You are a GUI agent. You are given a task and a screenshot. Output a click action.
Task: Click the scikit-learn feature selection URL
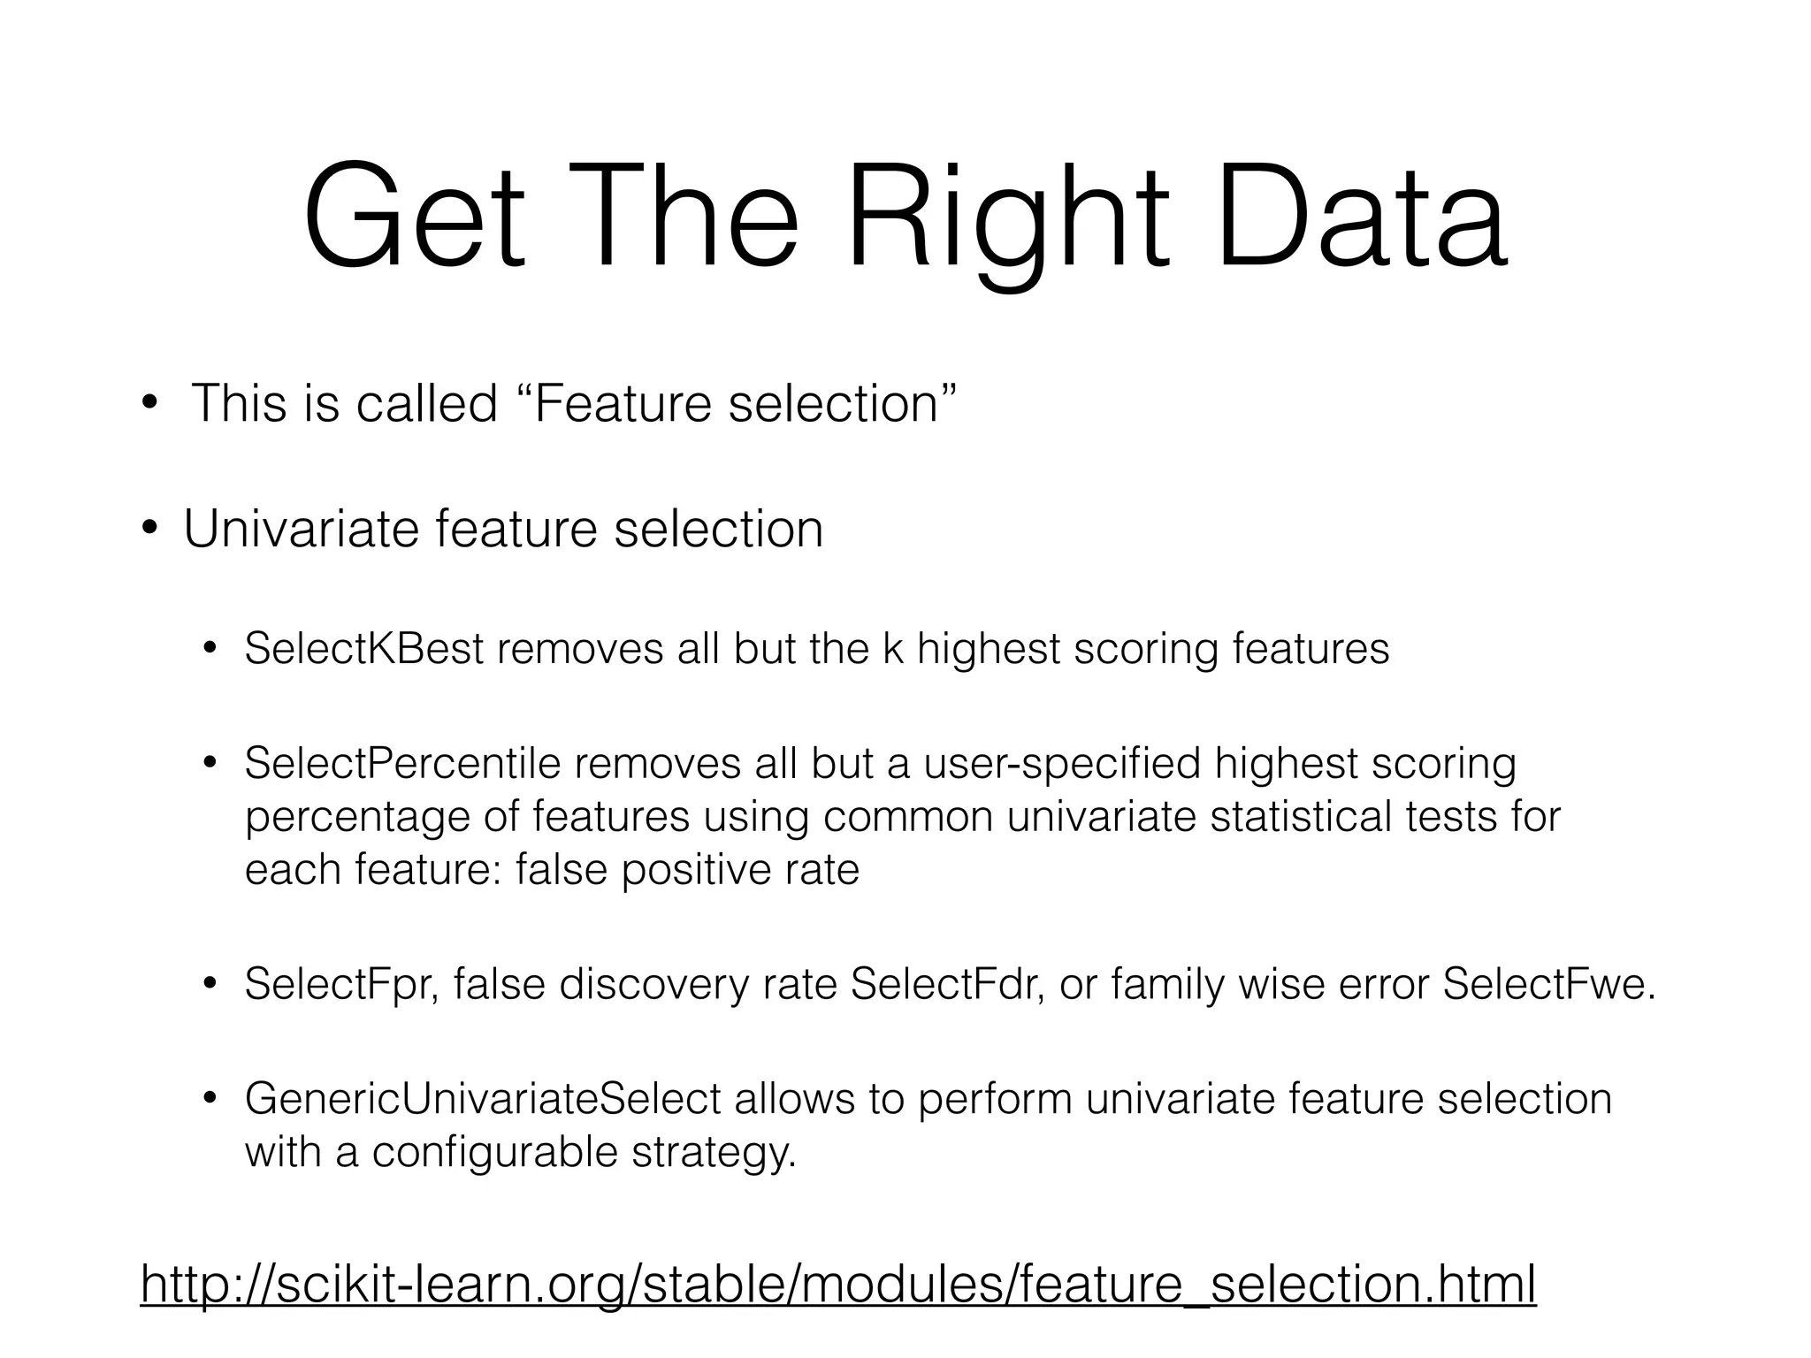tap(838, 1284)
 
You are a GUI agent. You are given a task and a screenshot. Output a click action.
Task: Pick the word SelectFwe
tap(1547, 984)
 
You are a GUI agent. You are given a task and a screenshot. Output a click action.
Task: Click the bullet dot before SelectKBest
tap(210, 650)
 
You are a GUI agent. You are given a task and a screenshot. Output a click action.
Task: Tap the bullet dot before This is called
tap(149, 404)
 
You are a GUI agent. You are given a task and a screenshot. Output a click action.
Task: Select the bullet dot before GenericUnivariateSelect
tap(210, 1099)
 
